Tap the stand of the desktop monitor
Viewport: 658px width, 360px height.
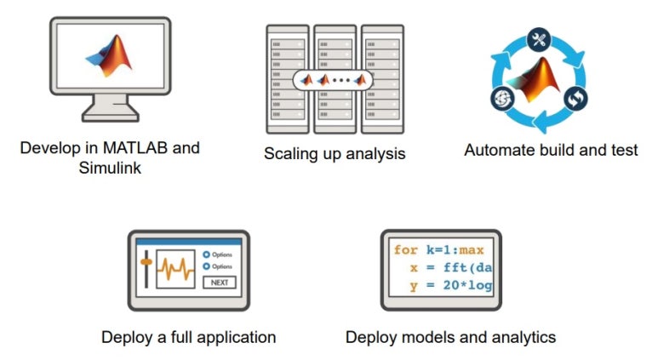(x=111, y=111)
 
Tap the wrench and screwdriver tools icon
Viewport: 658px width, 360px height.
(x=537, y=38)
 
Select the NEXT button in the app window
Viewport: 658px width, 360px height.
(x=219, y=283)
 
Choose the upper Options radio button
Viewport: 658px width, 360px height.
(x=206, y=254)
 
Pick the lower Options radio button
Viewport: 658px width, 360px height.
(x=206, y=266)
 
